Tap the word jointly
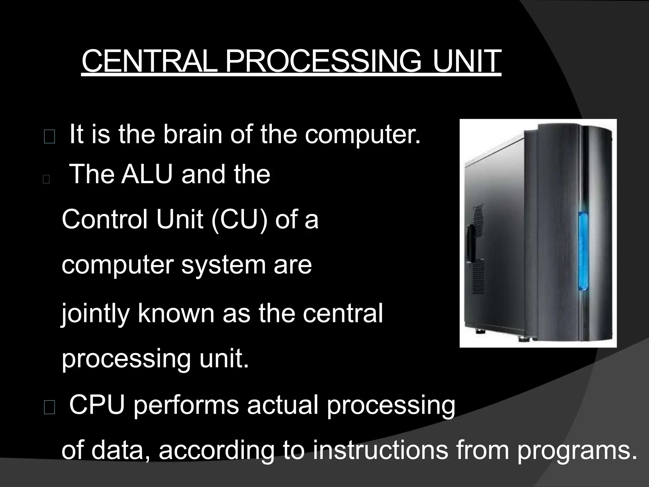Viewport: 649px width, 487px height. (95, 314)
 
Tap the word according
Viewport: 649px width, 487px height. (216, 451)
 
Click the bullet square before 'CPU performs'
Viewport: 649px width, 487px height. (49, 409)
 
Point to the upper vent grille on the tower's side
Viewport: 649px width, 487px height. (478, 216)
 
